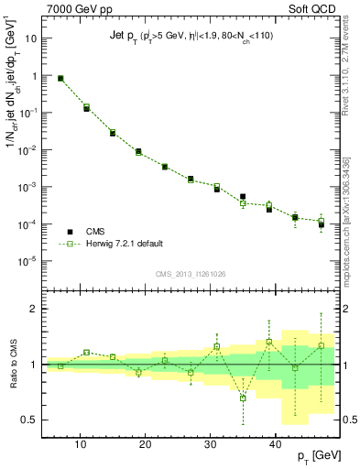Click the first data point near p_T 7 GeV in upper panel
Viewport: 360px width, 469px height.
click(61, 79)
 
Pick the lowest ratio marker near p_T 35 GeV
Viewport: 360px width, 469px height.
click(243, 398)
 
